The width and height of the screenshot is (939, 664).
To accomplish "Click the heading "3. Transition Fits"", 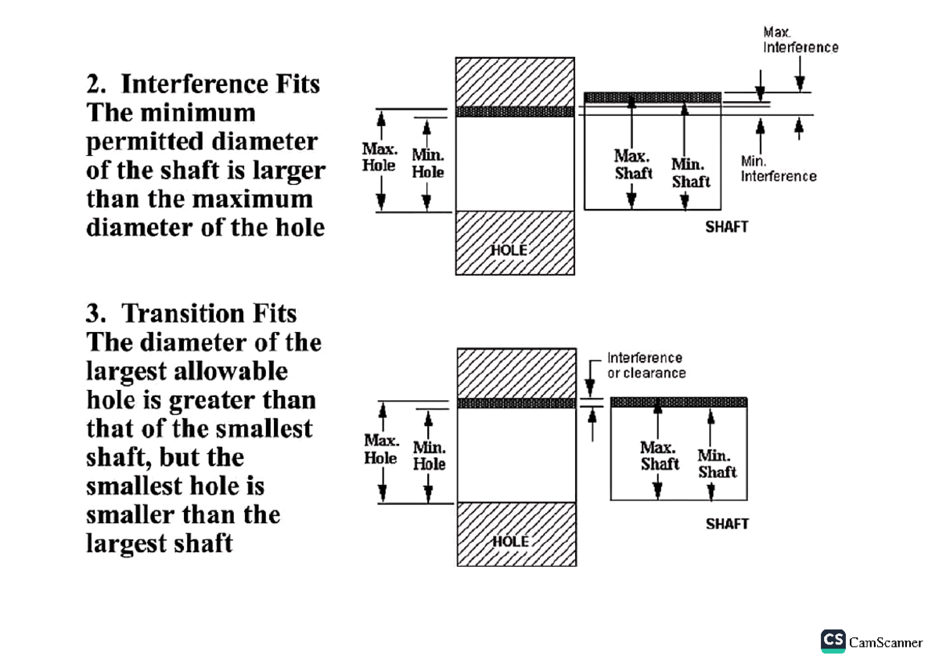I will [192, 314].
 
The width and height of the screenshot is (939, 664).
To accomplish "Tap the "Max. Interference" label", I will [800, 40].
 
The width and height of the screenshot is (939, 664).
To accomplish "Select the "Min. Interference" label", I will [779, 168].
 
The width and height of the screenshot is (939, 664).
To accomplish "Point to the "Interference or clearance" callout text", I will [646, 366].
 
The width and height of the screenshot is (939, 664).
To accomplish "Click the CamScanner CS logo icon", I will [833, 641].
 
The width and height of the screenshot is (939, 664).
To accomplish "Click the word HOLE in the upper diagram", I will [509, 251].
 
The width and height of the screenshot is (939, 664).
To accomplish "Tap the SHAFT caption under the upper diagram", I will [727, 227].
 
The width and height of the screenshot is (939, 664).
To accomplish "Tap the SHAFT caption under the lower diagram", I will [727, 524].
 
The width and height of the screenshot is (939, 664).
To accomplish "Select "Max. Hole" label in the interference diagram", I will [380, 157].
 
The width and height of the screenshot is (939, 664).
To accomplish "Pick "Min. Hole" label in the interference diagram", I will [428, 164].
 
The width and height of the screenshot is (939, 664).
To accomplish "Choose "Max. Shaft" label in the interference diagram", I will [633, 164].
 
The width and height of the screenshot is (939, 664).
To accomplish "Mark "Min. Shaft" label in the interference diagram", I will [691, 173].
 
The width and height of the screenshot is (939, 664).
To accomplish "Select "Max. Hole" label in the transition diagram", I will [381, 449].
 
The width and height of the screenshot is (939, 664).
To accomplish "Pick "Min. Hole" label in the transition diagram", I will [429, 456].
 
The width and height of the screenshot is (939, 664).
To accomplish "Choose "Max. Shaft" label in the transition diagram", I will [660, 456].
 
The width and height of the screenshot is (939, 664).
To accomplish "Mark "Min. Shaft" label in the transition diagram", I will [717, 464].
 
